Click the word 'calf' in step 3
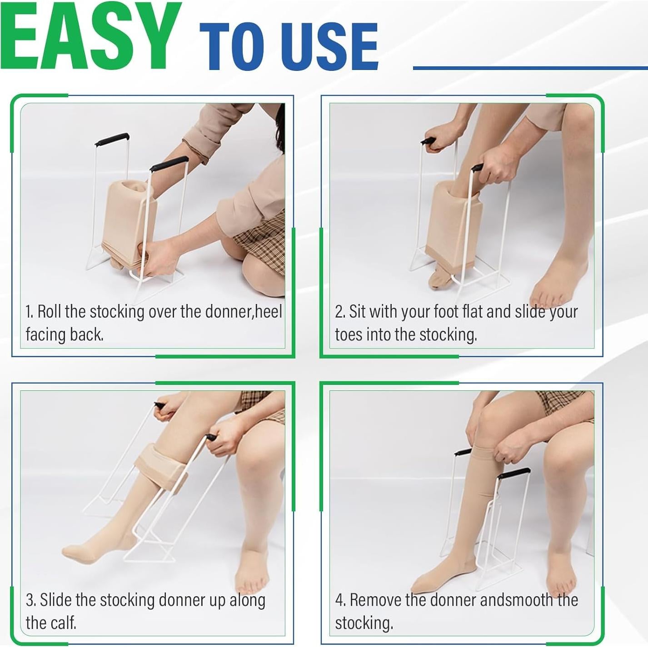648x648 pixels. pos(65,623)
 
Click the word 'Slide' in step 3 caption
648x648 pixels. pos(55,600)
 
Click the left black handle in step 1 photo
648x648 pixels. pos(112,139)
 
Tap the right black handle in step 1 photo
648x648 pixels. pos(169,163)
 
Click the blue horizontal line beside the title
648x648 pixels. pos(530,68)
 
